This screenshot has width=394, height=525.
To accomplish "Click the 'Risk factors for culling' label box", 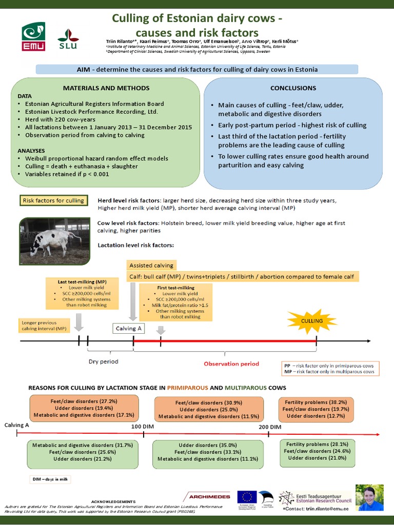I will [x=53, y=200].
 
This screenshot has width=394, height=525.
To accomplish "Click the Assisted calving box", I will [x=152, y=265].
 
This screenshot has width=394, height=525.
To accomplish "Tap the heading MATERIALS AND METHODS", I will [x=106, y=88].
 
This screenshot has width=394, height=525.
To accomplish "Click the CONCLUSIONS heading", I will [x=293, y=88].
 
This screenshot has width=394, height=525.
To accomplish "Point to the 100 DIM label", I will [x=143, y=427].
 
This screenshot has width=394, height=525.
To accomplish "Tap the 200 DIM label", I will [x=270, y=427].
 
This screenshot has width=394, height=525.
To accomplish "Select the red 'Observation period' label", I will [x=231, y=364].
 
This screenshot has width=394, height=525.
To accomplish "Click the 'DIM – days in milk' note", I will [x=49, y=479].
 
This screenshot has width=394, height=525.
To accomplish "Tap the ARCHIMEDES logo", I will [x=207, y=496].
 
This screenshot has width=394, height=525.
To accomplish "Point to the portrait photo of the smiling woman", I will [x=370, y=497].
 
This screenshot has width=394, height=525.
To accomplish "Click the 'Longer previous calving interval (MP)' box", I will [x=44, y=325].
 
